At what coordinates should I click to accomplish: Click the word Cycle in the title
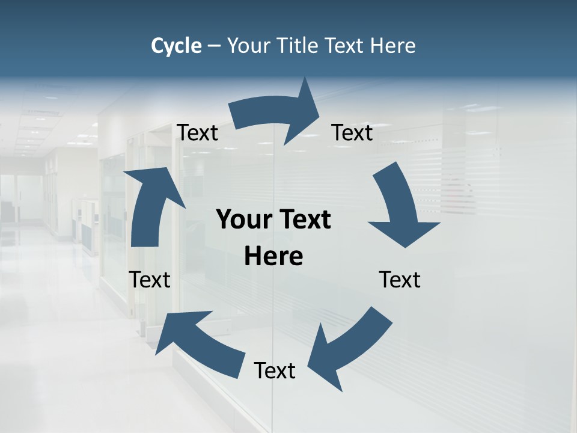[x=176, y=46]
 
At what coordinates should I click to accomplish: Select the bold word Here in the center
[x=273, y=257]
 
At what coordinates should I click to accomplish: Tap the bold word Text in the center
[x=304, y=220]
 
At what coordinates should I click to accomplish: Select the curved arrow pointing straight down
[x=398, y=207]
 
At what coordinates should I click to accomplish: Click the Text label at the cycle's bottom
[x=275, y=370]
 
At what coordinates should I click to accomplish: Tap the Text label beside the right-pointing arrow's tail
[x=197, y=132]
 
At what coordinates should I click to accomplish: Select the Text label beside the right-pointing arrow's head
[x=352, y=132]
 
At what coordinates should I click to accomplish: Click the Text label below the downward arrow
[x=400, y=280]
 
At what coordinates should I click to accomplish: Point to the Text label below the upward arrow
[x=150, y=280]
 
